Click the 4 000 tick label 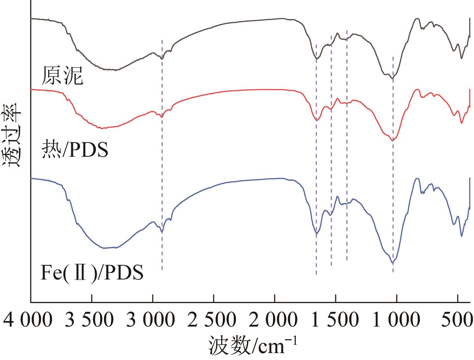click(28, 320)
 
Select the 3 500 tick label click(90, 320)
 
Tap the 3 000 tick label click(151, 320)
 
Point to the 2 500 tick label click(213, 320)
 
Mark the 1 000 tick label click(396, 320)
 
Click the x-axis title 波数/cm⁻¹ click(253, 346)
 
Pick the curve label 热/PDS click(75, 150)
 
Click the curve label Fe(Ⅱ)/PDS click(92, 273)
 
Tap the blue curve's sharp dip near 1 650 click(317, 233)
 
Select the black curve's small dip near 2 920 click(162, 59)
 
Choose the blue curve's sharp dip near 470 click(461, 236)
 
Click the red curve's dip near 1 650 click(317, 120)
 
